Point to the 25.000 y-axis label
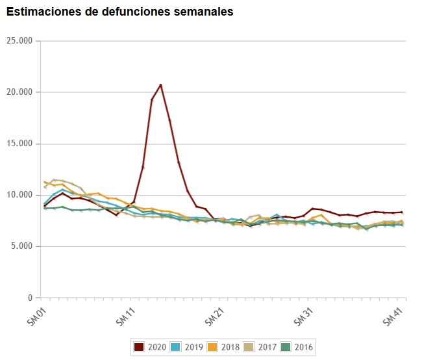click(21, 41)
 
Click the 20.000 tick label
click(21, 92)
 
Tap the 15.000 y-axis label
click(21, 144)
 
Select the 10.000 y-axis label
click(21, 195)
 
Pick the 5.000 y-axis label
click(23, 246)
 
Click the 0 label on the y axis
click(30, 298)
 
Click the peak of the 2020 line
click(160, 84)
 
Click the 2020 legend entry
click(151, 347)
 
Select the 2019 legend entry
click(187, 347)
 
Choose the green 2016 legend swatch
click(284, 347)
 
